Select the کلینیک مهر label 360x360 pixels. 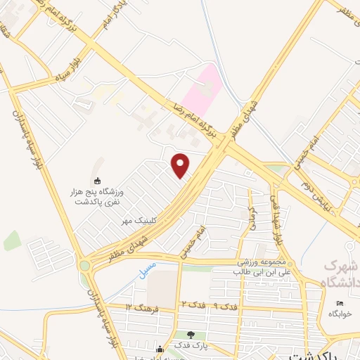click(136, 220)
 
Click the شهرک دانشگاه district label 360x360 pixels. click(340, 275)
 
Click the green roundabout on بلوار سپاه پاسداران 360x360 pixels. click(86, 266)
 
